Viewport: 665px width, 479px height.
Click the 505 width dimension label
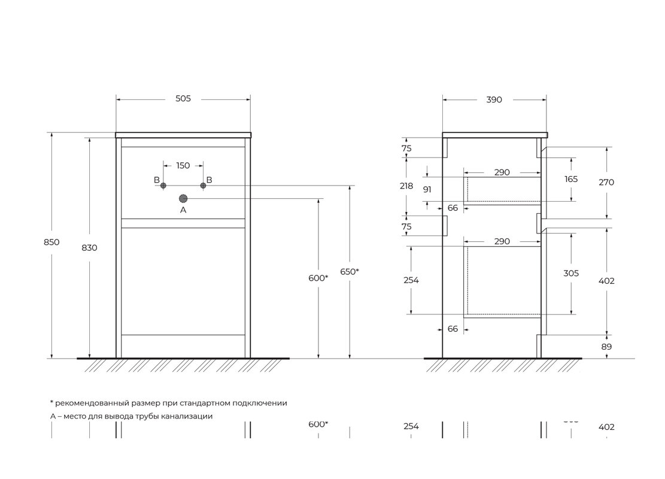click(183, 99)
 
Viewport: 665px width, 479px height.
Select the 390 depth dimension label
click(494, 100)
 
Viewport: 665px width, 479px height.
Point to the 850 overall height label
click(51, 242)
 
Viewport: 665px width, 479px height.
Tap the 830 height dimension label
click(89, 247)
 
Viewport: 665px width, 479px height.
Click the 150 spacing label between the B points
click(183, 165)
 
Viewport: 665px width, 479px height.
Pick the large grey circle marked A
click(183, 198)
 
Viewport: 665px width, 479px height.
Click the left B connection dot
click(163, 186)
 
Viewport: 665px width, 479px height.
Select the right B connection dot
click(203, 186)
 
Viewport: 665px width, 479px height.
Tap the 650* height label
click(349, 271)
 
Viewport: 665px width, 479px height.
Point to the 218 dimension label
click(406, 186)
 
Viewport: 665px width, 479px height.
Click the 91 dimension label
click(427, 189)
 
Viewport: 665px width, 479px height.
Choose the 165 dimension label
click(571, 179)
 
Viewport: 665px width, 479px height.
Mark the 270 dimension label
click(606, 183)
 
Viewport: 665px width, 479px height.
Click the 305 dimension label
click(571, 273)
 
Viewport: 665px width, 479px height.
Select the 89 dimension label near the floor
click(606, 347)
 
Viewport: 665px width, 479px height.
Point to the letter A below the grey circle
click(183, 210)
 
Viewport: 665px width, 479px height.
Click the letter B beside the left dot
click(157, 180)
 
